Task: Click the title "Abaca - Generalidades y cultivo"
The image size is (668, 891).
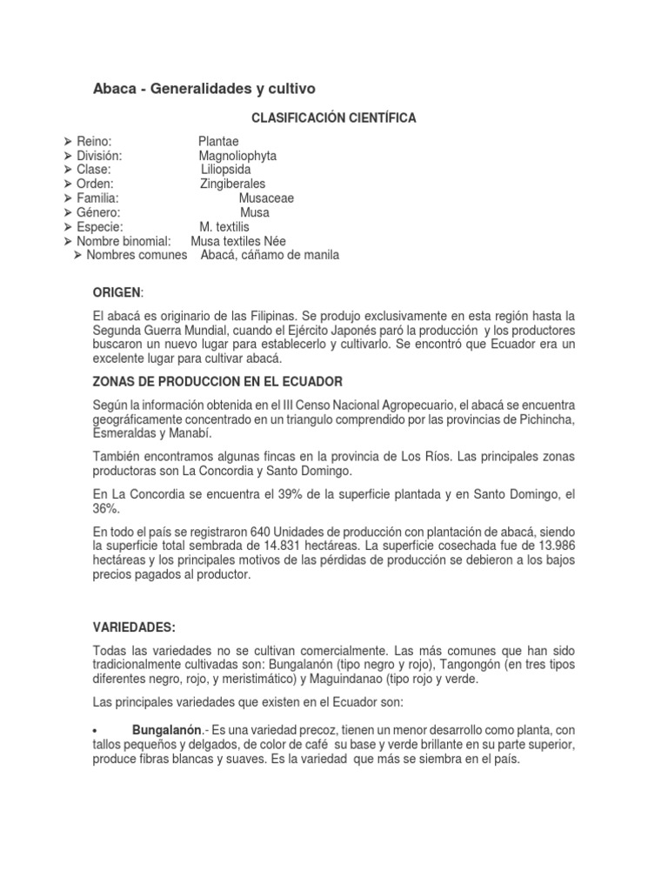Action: (x=204, y=89)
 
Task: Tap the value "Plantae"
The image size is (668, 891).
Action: (x=218, y=142)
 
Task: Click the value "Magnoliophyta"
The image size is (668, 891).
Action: (x=237, y=156)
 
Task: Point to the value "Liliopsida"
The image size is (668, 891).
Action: (x=226, y=170)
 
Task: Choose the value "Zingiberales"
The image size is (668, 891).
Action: (x=232, y=184)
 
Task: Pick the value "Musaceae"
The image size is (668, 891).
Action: (x=266, y=198)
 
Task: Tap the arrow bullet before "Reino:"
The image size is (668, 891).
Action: (x=69, y=142)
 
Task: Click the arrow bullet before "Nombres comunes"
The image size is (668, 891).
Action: (x=78, y=255)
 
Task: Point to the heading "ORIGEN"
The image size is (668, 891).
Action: (x=116, y=292)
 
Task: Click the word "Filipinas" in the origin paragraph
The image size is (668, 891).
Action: (x=272, y=315)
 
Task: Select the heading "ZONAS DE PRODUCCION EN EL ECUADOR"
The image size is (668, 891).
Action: (x=217, y=382)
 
